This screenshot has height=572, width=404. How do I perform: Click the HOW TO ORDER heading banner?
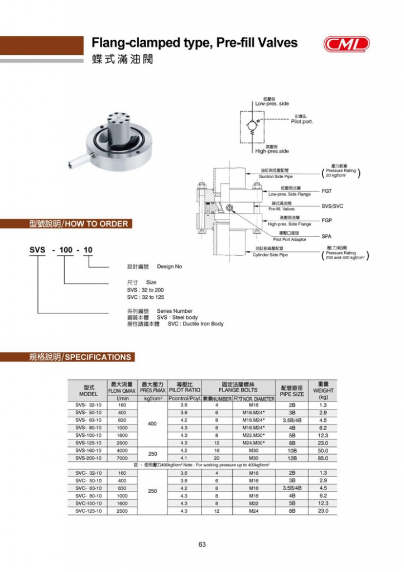coord(79,224)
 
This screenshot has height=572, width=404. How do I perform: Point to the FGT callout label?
coord(328,191)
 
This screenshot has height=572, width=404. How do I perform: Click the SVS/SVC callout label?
coord(333,206)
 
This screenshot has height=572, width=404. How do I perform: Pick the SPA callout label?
coord(327,236)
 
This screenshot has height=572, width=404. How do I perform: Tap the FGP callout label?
coord(328,221)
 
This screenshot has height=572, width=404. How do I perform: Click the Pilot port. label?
coord(302,121)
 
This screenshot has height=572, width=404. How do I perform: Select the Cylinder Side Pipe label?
coord(271,255)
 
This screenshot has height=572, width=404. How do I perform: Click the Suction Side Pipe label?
coord(276,177)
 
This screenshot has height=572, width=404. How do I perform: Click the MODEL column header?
coord(88,390)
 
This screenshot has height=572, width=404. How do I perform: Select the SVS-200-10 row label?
coord(88,458)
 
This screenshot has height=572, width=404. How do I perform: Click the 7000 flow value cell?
coord(122,458)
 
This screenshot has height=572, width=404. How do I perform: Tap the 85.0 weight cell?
coord(323,458)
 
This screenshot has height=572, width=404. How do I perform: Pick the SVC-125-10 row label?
coord(88,511)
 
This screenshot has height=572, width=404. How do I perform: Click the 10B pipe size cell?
coord(291,450)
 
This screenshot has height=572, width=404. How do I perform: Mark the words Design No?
coord(170,266)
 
